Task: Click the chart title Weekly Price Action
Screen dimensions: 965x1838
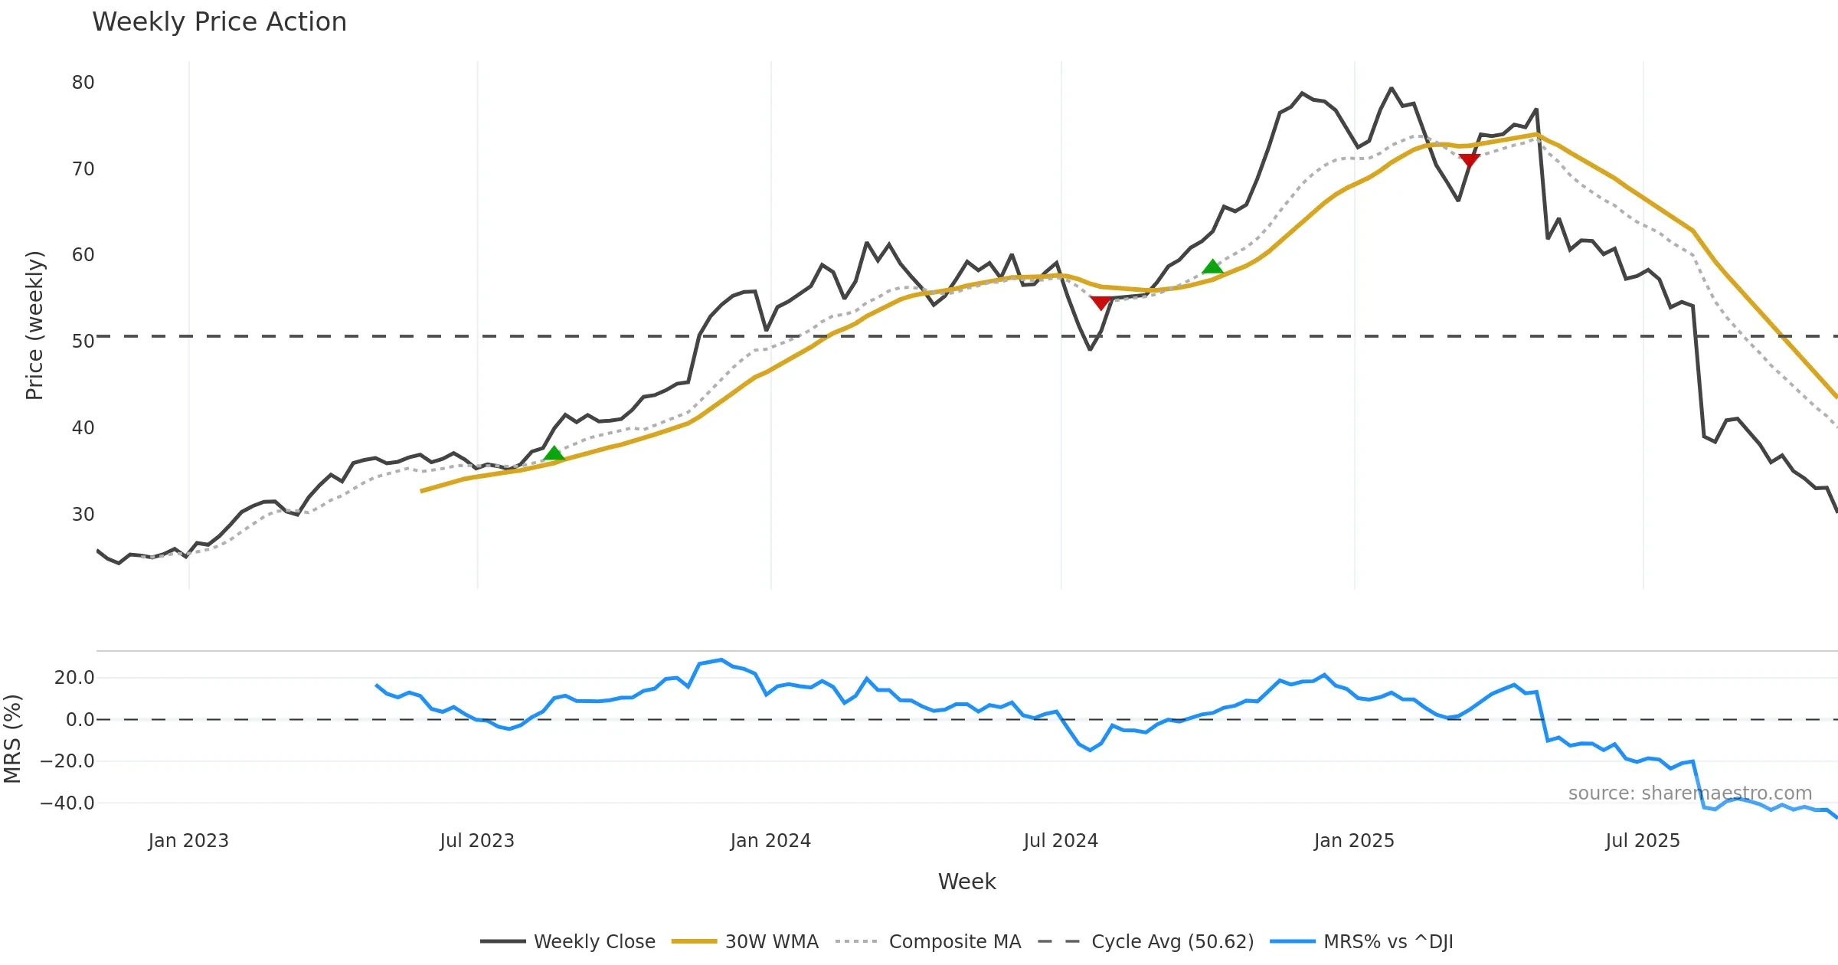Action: [219, 21]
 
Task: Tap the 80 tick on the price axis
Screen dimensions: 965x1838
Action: [83, 82]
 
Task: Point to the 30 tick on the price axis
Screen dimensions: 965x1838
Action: [83, 514]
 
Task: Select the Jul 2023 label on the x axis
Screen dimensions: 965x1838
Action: [476, 840]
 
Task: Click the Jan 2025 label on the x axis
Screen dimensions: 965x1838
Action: [1353, 840]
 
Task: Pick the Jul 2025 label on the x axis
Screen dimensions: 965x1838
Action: [1642, 840]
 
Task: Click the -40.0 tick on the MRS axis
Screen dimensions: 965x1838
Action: [67, 803]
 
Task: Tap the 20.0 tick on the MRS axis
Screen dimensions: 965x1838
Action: [74, 677]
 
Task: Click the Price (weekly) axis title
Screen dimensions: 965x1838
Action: [34, 325]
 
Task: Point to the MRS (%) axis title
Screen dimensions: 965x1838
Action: [12, 738]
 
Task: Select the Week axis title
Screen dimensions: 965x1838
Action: [966, 882]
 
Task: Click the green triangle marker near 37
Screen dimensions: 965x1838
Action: [554, 453]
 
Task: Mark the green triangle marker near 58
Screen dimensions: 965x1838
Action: [1212, 267]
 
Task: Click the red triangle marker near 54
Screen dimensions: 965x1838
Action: [1101, 303]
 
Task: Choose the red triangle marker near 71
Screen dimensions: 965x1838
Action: [1469, 160]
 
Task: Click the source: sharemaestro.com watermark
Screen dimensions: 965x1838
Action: [1689, 793]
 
